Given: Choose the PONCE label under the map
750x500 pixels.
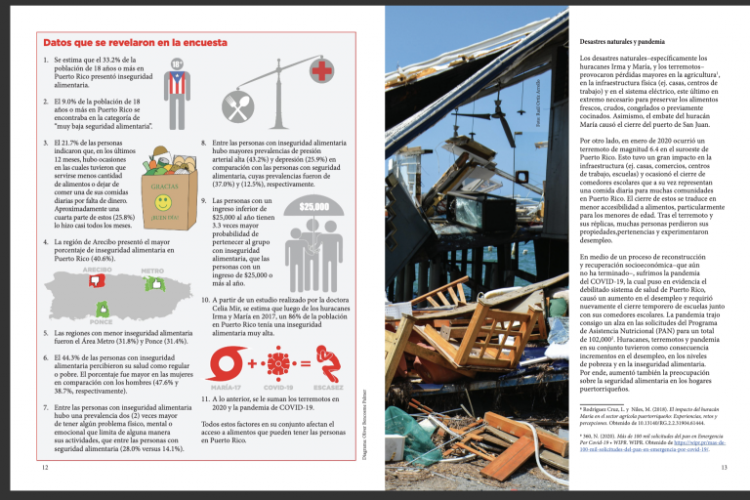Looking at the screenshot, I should tap(101, 321).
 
